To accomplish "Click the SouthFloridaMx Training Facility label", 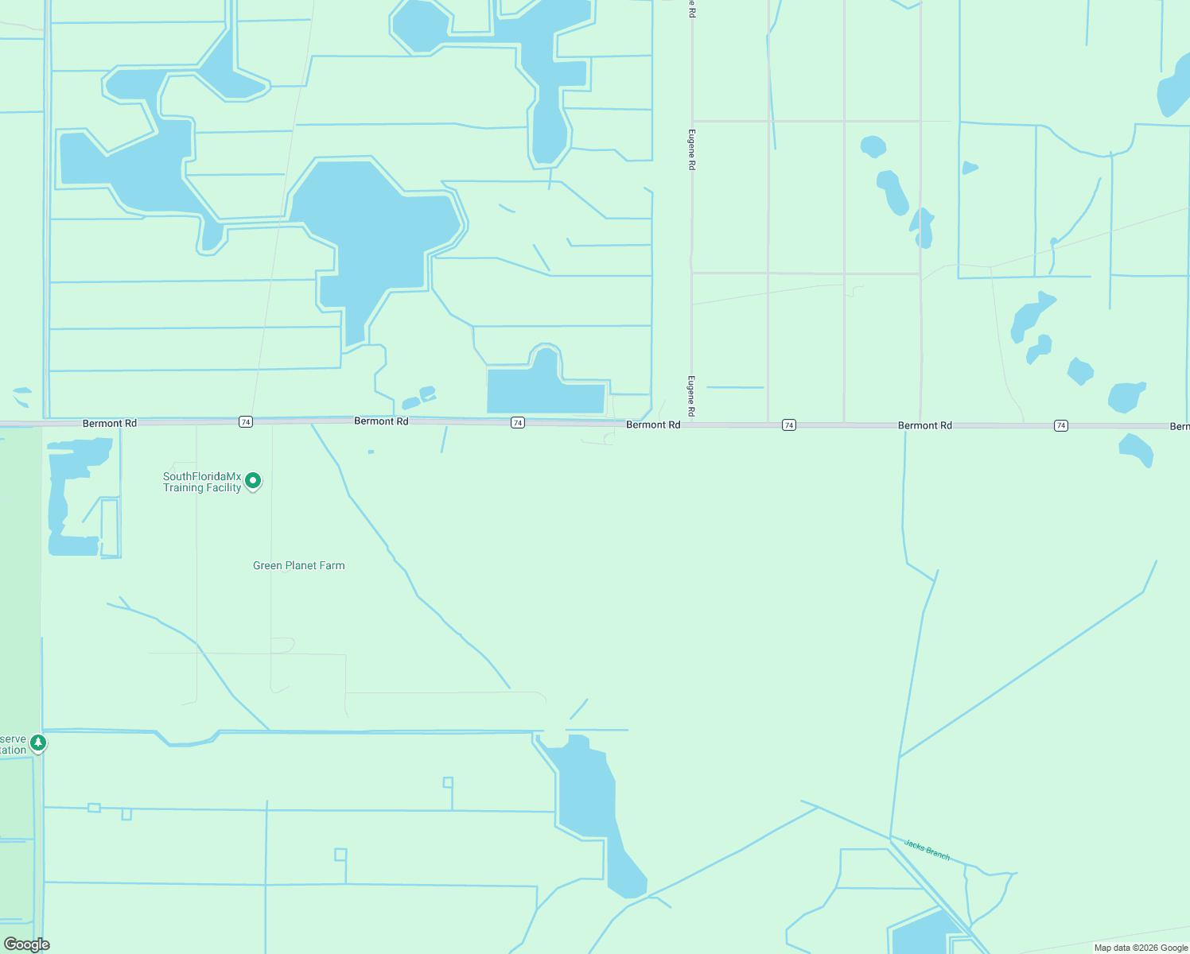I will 202,482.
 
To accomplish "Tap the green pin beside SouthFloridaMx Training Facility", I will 253,481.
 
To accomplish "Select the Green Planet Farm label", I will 298,566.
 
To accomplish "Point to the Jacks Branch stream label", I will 927,849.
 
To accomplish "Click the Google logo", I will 27,944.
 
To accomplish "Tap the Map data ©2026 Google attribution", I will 1141,948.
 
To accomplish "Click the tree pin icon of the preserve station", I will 38,743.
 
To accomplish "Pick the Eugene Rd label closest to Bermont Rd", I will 691,396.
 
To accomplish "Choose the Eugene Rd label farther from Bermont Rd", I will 691,149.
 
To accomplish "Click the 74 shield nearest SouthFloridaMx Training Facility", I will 246,422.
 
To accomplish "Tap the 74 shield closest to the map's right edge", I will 1060,426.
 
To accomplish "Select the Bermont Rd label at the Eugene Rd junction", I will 653,425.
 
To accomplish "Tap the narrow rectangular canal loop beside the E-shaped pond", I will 110,528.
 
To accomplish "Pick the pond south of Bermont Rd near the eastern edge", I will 1136,449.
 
